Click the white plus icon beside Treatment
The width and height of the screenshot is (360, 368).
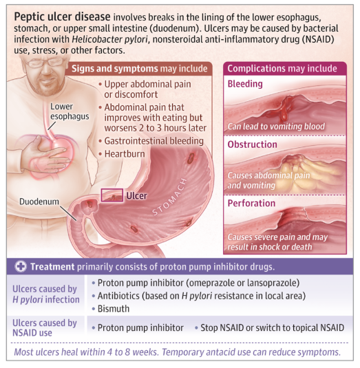21,267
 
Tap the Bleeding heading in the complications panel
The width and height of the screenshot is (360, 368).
245,84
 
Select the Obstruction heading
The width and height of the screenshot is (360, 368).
252,144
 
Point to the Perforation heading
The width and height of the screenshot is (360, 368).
251,203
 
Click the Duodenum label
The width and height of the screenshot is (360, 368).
39,202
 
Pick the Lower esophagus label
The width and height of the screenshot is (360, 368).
70,111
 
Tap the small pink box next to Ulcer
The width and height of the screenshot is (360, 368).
112,195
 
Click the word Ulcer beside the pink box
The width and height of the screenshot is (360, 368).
137,195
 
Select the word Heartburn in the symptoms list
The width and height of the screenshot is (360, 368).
125,154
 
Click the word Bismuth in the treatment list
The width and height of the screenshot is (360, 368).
114,309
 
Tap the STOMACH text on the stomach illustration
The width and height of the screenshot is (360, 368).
169,197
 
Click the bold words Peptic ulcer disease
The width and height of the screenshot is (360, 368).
62,17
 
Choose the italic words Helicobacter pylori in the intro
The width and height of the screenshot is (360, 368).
110,39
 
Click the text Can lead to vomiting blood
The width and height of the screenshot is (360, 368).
276,127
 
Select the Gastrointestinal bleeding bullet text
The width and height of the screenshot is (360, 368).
153,141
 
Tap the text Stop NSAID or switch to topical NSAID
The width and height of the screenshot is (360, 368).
273,327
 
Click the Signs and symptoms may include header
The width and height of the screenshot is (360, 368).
140,69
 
